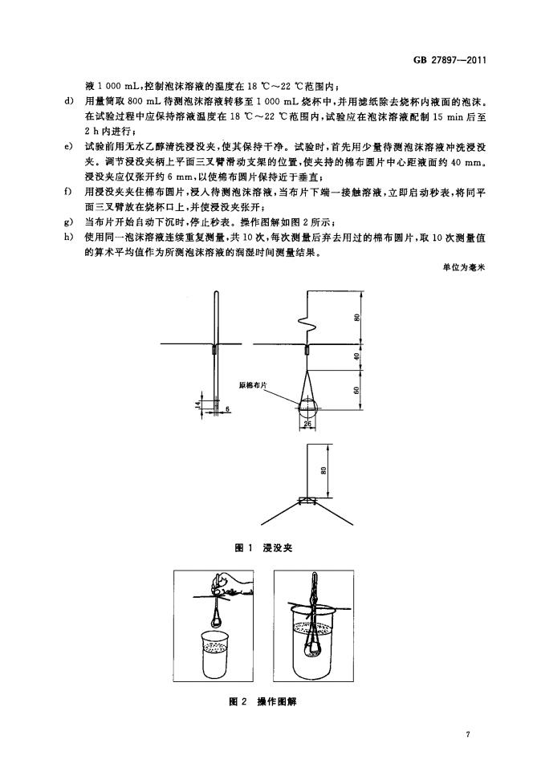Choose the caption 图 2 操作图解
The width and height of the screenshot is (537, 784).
264,701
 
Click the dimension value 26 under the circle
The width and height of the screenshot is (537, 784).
307,424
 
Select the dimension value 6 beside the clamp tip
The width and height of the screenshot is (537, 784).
227,409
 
